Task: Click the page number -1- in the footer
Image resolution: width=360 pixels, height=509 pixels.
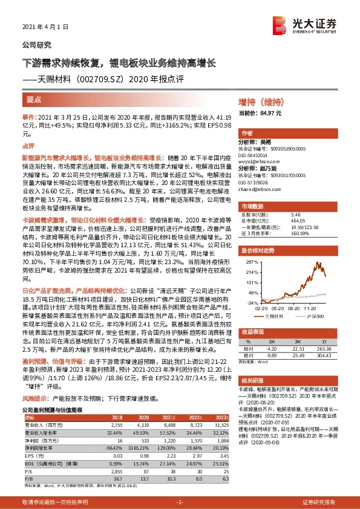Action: [180, 502]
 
